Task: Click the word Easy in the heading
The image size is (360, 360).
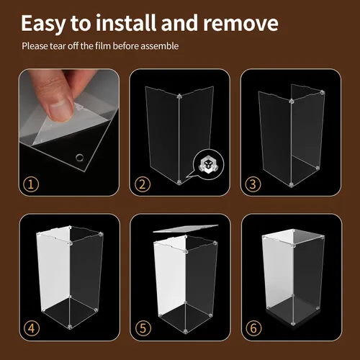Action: (x=43, y=24)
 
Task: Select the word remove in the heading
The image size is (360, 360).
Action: (x=240, y=23)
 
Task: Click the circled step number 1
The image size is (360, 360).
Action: (x=31, y=184)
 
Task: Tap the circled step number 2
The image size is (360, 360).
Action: (x=143, y=184)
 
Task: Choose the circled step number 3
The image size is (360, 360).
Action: (x=253, y=184)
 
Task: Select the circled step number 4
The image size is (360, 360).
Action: (x=32, y=328)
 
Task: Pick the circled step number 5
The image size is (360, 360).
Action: (x=143, y=328)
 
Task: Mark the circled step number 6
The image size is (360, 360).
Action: (x=253, y=328)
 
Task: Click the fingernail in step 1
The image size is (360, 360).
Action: (x=60, y=111)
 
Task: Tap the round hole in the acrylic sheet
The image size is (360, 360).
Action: (x=80, y=158)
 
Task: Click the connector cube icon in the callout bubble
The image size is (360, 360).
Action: (x=208, y=165)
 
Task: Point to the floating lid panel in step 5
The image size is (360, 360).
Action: (x=186, y=228)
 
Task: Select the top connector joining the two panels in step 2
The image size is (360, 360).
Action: (x=179, y=96)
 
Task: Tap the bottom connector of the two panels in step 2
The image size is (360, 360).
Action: (x=179, y=182)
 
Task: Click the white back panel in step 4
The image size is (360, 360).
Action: (x=54, y=269)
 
